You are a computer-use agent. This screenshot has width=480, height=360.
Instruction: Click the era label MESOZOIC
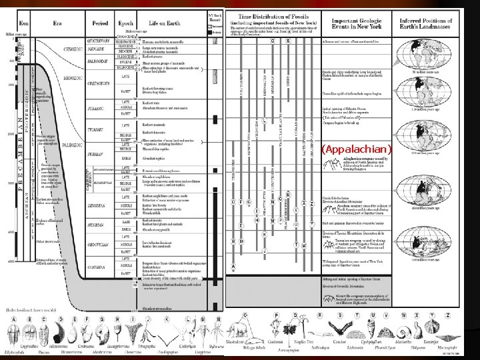[66, 85]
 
